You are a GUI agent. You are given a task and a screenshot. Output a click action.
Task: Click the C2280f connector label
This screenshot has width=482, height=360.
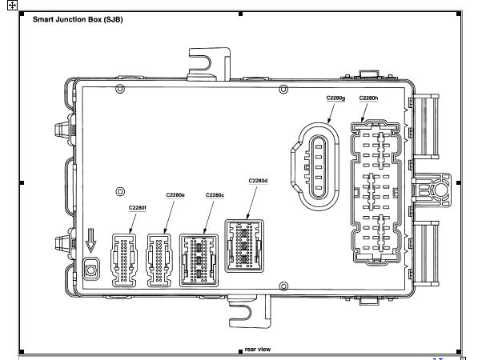tap(137, 206)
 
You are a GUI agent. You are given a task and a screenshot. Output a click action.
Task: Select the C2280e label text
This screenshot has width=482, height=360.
tap(175, 194)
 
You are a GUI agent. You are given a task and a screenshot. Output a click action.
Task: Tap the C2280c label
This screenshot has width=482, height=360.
tap(215, 194)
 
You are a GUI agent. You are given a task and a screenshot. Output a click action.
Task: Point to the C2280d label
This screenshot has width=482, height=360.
tap(258, 180)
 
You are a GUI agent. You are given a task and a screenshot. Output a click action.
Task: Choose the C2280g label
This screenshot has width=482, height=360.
tap(335, 98)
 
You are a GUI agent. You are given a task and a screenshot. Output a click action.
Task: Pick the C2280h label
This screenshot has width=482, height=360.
tap(368, 98)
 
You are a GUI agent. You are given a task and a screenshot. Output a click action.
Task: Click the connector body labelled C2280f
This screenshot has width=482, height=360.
tap(125, 259)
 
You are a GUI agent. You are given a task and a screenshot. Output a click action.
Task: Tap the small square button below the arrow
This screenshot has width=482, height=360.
tap(91, 270)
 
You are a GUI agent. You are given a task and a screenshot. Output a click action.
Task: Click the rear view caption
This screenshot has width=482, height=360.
tap(258, 349)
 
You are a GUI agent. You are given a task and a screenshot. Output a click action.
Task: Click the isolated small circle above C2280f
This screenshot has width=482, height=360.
tap(120, 190)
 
